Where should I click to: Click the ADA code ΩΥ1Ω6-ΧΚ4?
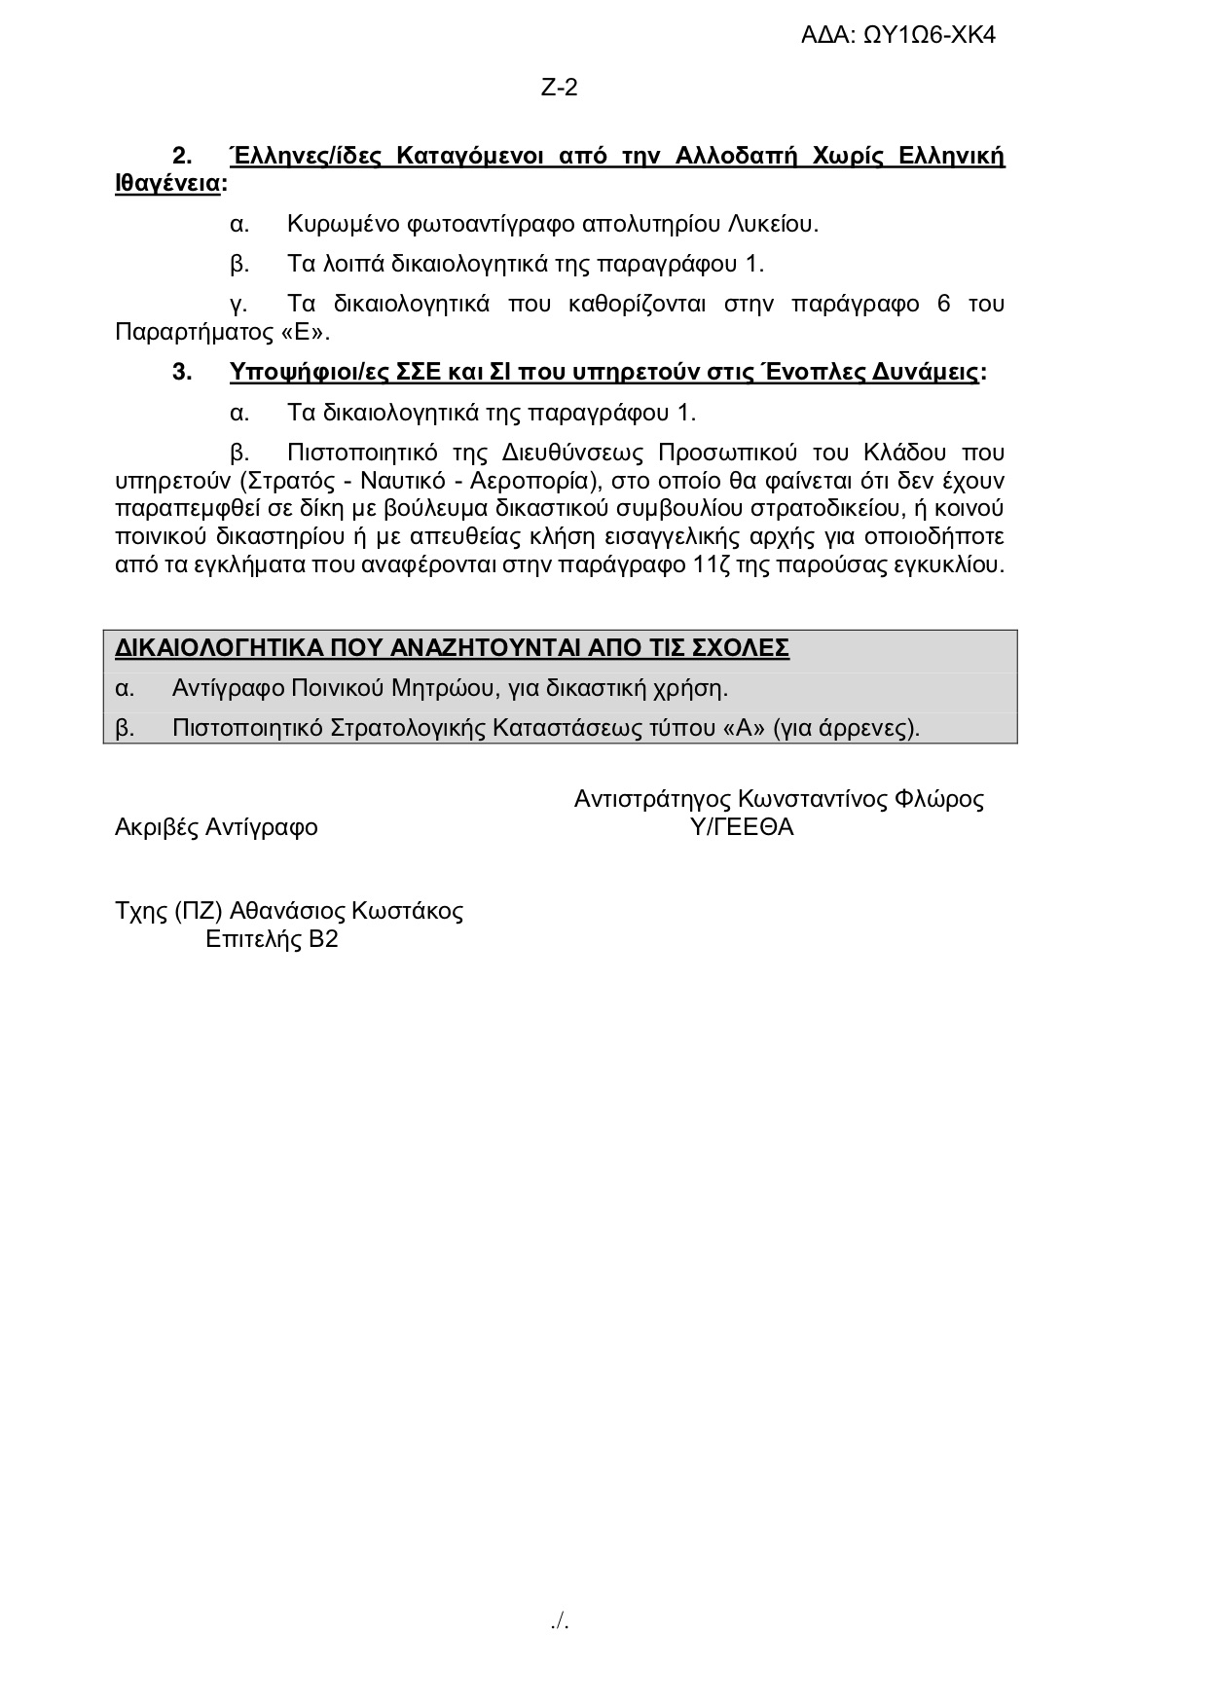click(x=930, y=36)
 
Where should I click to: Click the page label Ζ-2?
click(x=559, y=88)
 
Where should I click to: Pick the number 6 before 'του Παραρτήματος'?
click(x=943, y=304)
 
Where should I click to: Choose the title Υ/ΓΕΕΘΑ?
click(x=741, y=827)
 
